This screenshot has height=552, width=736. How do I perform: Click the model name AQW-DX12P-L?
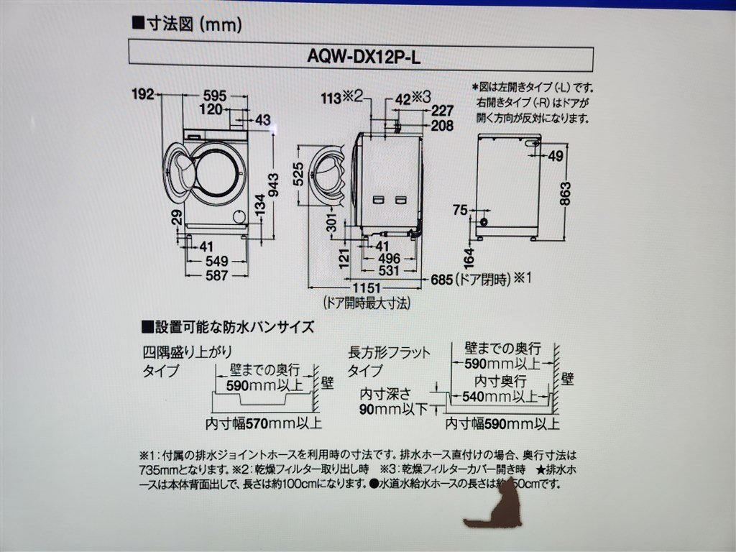(x=361, y=58)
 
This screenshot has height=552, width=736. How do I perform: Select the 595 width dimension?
(x=214, y=95)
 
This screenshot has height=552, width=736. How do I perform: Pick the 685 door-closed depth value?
(x=441, y=278)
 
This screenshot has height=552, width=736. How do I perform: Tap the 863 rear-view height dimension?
(x=566, y=193)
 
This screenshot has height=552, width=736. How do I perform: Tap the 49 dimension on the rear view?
(x=555, y=157)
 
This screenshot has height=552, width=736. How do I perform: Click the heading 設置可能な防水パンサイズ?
(x=227, y=327)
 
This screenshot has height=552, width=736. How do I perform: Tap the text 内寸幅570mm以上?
(x=263, y=423)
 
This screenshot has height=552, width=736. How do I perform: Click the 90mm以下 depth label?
(x=393, y=408)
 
